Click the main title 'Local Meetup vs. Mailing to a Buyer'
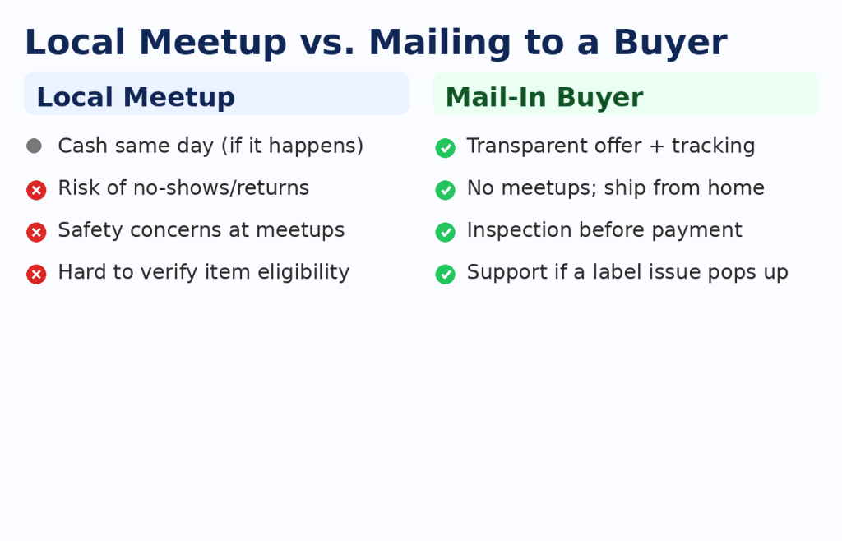[x=376, y=43]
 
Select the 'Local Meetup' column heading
[x=136, y=98]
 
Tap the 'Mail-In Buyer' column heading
[x=544, y=98]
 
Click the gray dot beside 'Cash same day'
[x=34, y=146]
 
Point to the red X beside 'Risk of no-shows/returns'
[x=36, y=190]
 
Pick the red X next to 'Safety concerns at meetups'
[x=36, y=233]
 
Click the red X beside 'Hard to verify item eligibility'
[x=36, y=275]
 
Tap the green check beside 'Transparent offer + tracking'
[x=445, y=148]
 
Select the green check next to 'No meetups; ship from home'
[x=445, y=190]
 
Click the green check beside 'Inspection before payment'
[x=445, y=233]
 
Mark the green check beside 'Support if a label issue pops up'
[x=445, y=275]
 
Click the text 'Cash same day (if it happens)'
[x=210, y=146]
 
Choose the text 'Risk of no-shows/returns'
[x=183, y=187]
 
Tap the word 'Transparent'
[x=554, y=146]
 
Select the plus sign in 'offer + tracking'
[x=657, y=146]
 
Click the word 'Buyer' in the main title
[x=670, y=43]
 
